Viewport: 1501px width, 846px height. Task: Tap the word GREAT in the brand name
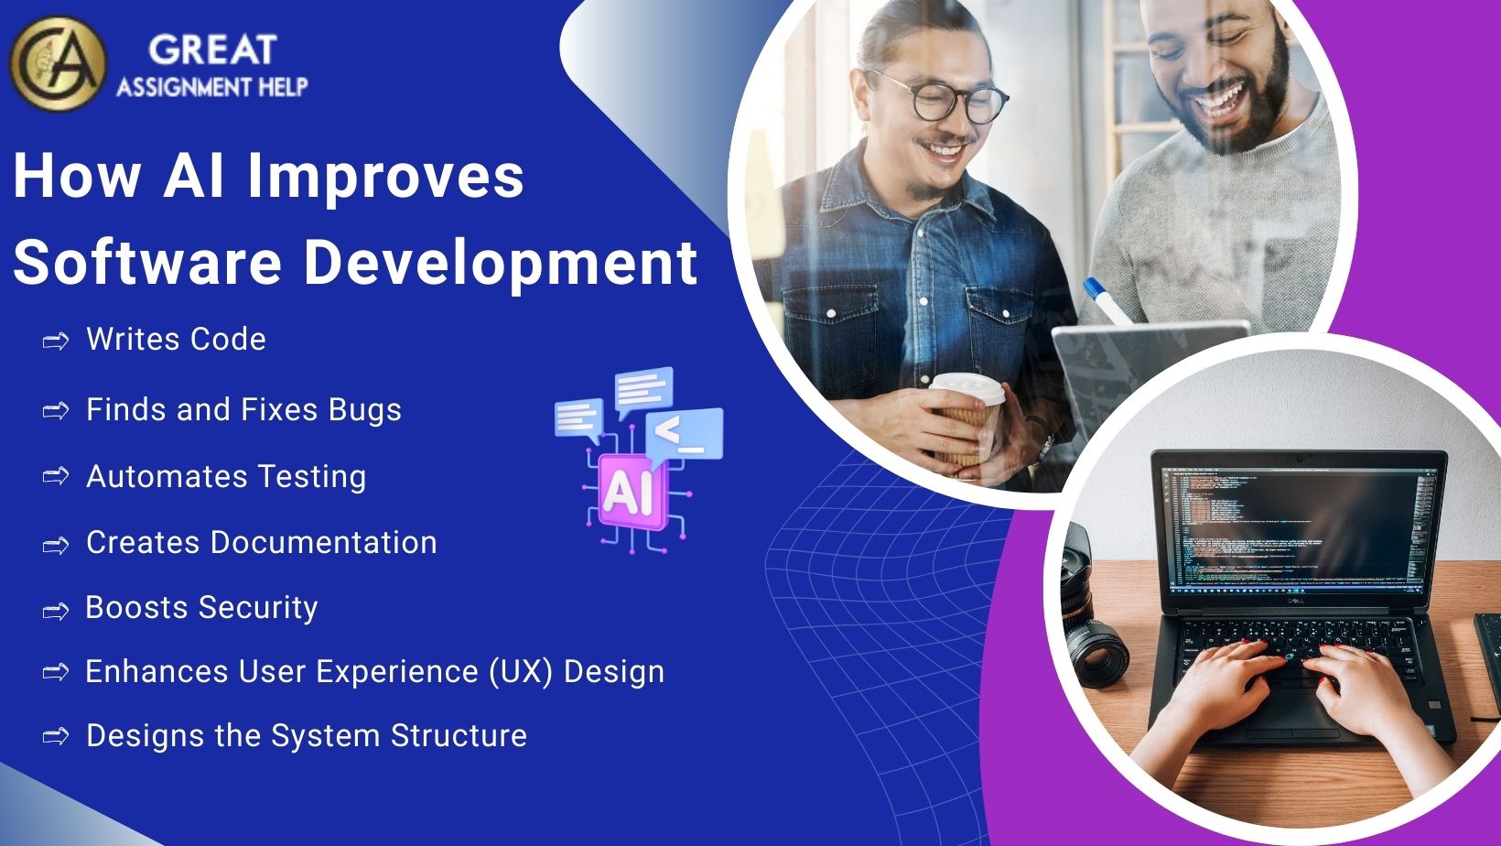pos(211,49)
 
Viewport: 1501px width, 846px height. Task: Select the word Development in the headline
pos(501,262)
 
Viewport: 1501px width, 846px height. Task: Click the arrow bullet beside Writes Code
pos(56,342)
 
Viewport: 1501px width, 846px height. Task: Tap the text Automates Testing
pos(225,477)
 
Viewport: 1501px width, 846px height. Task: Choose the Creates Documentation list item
pos(261,543)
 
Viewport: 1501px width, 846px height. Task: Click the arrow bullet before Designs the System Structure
pos(56,736)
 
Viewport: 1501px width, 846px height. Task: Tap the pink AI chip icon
pos(628,494)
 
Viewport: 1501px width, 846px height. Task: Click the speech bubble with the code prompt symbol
pos(686,433)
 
